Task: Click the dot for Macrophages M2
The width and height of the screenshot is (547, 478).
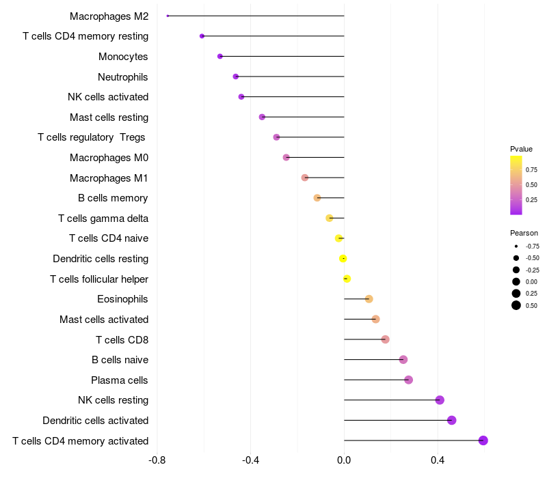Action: (x=168, y=16)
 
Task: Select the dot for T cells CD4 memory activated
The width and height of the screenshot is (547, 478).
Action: (x=483, y=440)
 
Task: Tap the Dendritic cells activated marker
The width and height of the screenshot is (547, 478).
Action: (x=452, y=420)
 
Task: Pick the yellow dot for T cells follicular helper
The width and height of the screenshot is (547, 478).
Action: (x=347, y=279)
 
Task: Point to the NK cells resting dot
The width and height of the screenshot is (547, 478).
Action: (x=440, y=400)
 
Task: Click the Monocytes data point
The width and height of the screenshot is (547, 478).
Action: (x=219, y=56)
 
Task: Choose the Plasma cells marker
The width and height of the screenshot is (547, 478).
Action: (x=409, y=380)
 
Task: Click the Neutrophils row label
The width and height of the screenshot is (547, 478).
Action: (x=123, y=76)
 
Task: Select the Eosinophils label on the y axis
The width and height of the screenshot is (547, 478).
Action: (x=123, y=299)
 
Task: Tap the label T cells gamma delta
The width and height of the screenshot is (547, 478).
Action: (x=103, y=219)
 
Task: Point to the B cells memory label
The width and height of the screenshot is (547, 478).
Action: (x=113, y=198)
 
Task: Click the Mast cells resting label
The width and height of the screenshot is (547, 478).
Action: (x=109, y=117)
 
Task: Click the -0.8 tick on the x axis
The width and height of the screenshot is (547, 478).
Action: (x=157, y=461)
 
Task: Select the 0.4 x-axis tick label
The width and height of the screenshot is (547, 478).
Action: (x=438, y=461)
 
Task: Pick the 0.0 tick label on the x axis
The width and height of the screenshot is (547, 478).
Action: (x=344, y=461)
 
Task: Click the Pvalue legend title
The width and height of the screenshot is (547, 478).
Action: (x=521, y=149)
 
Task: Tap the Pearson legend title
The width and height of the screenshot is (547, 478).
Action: (x=524, y=233)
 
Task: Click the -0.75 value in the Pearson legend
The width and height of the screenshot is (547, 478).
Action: (x=532, y=247)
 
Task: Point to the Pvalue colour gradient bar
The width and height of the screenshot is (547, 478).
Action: (x=516, y=185)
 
